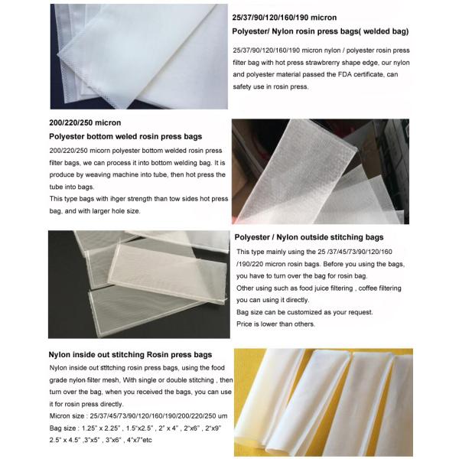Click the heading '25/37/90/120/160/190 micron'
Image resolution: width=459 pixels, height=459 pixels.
[285, 16]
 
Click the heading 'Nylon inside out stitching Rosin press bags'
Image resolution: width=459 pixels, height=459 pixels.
[130, 356]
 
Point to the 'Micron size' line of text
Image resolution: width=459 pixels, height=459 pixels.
[131, 414]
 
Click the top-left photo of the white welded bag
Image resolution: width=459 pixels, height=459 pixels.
[138, 55]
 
